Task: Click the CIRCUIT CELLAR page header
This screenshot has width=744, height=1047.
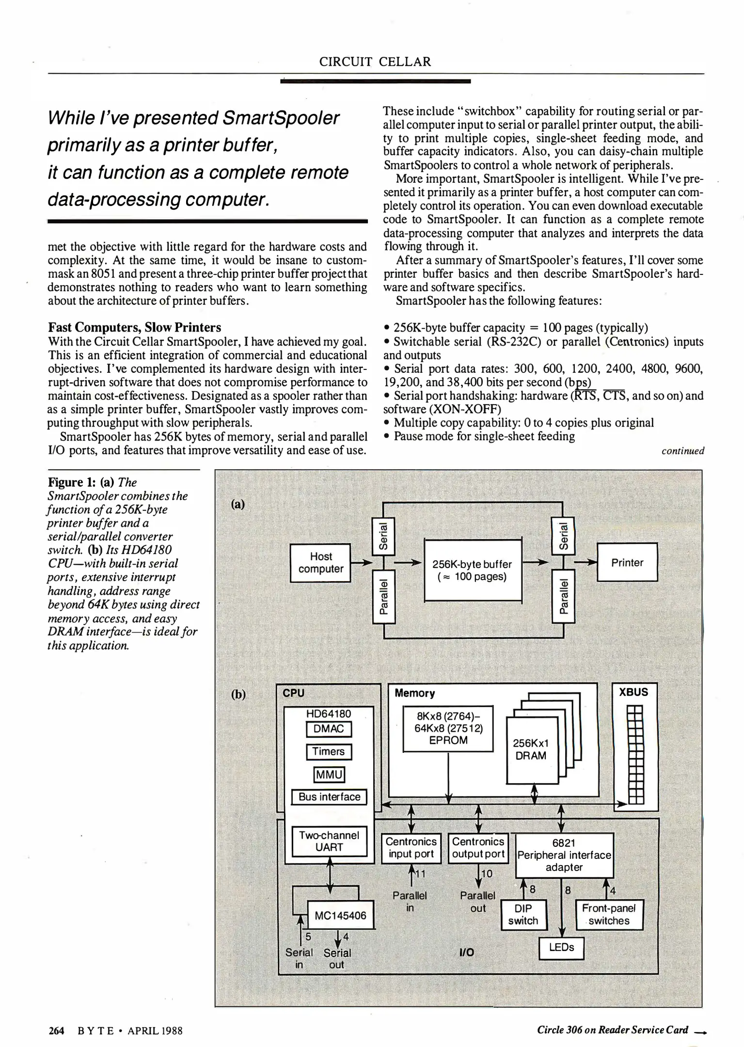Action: click(375, 62)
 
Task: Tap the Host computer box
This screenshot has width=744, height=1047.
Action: click(320, 563)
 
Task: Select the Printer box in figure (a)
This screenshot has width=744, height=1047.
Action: click(627, 562)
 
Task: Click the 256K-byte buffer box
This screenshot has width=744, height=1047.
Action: click(473, 570)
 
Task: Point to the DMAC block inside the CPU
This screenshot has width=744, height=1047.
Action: click(329, 729)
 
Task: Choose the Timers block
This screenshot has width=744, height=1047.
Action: click(329, 752)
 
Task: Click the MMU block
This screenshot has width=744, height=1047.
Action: click(329, 775)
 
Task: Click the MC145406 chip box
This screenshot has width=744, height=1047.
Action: click(341, 915)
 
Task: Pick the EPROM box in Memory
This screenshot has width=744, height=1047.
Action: click(448, 729)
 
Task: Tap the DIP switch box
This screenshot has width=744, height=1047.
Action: click(523, 915)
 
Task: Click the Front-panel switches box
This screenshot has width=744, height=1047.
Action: click(609, 915)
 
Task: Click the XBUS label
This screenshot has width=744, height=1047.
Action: click(633, 692)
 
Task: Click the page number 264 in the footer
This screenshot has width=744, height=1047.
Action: click(57, 1031)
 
